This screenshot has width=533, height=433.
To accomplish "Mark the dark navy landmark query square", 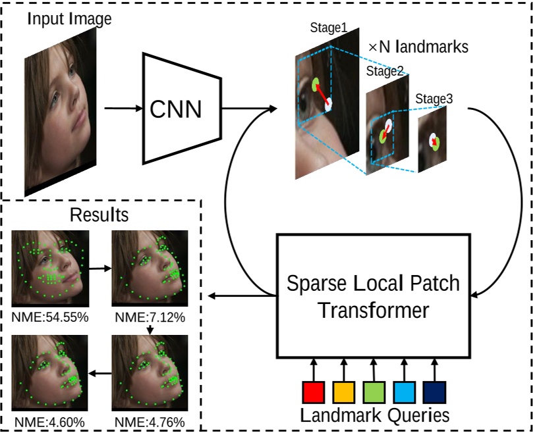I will point(434,392).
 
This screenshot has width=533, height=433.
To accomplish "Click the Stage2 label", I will point(385,71).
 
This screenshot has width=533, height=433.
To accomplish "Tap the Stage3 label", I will point(434,99).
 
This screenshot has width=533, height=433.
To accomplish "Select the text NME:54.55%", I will point(50,318).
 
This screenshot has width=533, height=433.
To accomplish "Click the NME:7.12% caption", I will point(150,318).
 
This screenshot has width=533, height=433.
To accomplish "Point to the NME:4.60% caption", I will point(48,422).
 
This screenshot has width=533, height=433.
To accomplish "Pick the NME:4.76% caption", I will point(150,422).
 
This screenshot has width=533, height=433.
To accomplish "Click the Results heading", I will point(99,215).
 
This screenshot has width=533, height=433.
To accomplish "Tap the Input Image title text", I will point(69,19).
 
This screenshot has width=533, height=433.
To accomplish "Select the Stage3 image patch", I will point(432,140).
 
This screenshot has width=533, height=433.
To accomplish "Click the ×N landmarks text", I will point(420,47).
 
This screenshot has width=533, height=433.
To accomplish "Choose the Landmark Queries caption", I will point(375,415).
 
